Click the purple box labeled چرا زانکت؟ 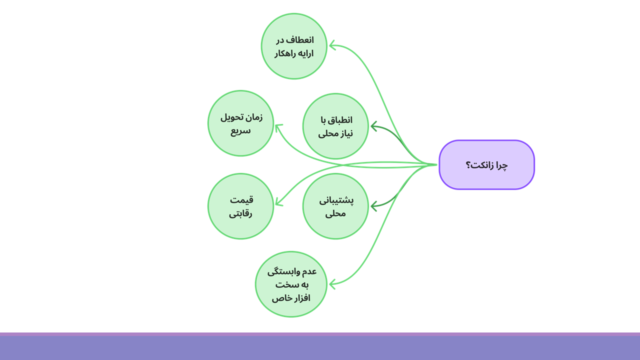pos(486,164)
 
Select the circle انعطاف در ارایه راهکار pos(294,46)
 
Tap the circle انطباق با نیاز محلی pos(335,126)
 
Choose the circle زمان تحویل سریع pos(240,123)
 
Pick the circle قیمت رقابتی pos(240,206)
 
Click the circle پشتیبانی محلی pos(335,206)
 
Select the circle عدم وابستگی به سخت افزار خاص pos(291,284)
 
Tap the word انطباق pos(340,120)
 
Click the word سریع pos(240,130)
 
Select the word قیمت pos(241,199)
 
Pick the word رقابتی pos(240,213)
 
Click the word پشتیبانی pos(336,200)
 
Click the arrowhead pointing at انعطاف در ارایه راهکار pos(331,46)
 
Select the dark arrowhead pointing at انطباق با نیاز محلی pos(373,126)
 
